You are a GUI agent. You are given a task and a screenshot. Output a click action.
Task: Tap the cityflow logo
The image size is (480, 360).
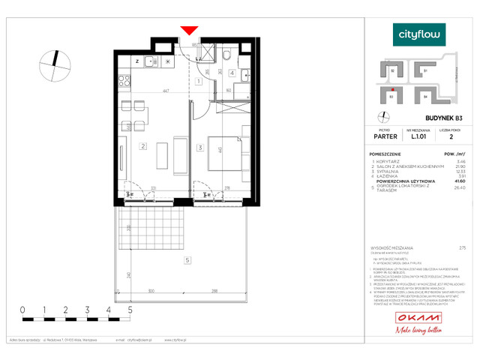pos(419,34)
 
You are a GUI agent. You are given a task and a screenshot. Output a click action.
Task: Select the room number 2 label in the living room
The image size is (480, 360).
pos(142,147)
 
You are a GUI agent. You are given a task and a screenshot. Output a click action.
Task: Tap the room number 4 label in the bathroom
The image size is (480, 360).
pos(232,73)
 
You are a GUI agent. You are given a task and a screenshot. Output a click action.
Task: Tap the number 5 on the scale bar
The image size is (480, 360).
pos(131,309)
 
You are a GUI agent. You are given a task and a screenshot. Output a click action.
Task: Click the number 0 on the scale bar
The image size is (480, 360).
pos(22,309)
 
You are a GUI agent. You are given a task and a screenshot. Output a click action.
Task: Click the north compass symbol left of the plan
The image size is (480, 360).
pos(55,64)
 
